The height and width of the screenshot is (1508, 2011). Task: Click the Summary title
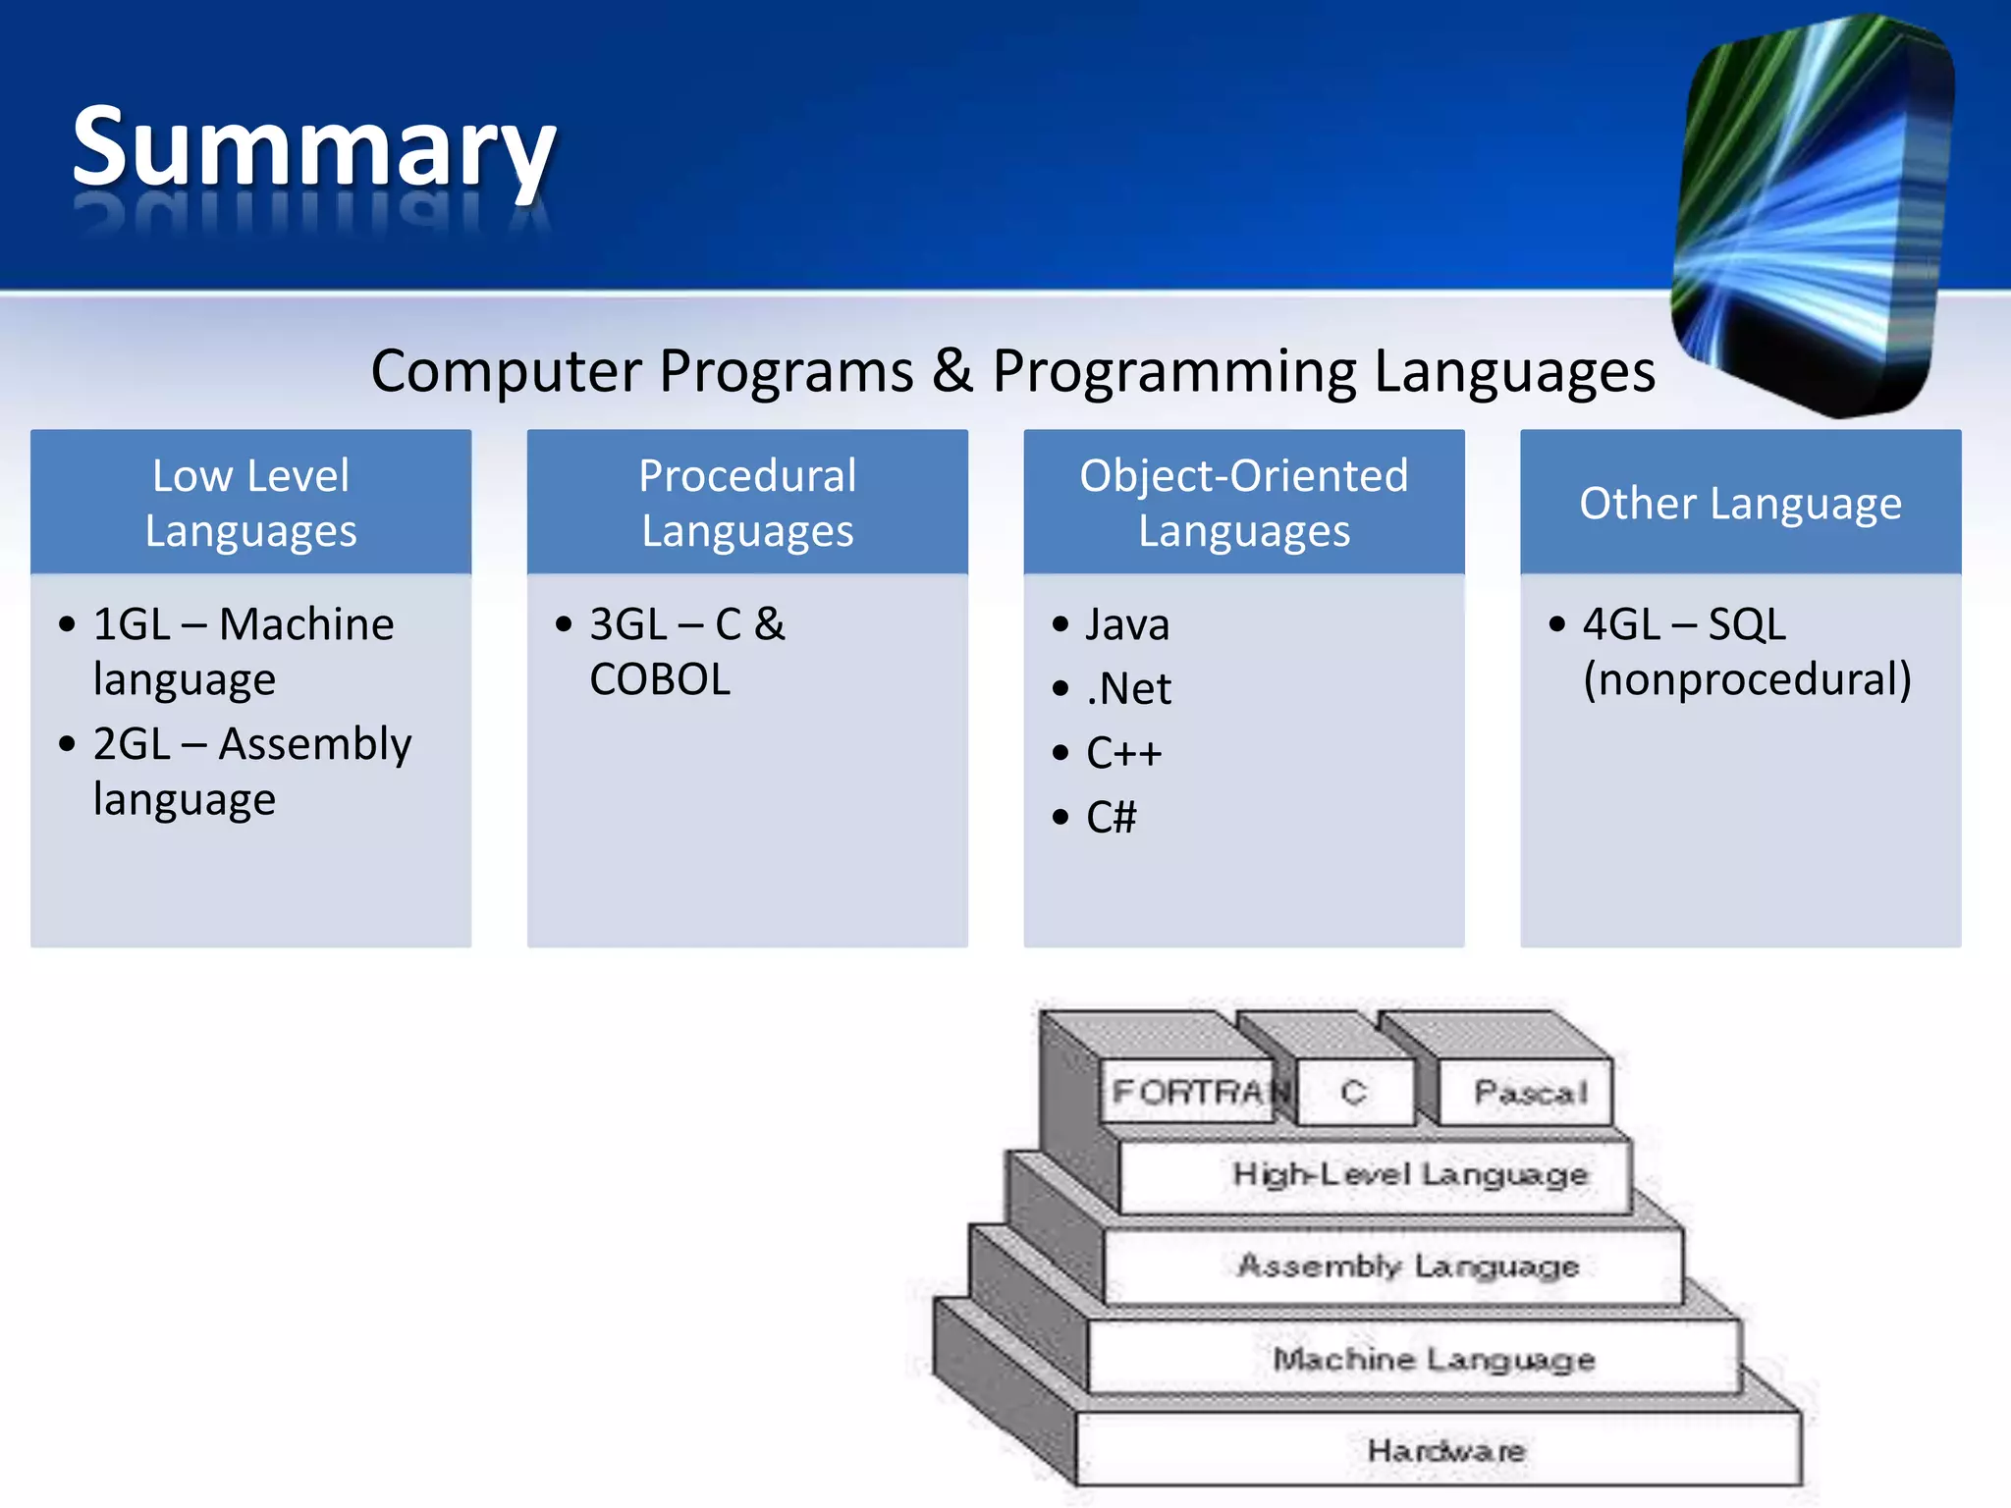click(x=314, y=147)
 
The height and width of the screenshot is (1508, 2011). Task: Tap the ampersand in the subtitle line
click(x=952, y=371)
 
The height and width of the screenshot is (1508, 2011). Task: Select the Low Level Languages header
click(x=250, y=502)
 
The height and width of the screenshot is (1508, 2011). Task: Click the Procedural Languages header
click(x=747, y=502)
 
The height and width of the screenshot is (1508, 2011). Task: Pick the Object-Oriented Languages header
click(x=1244, y=502)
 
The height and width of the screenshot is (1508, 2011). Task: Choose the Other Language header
click(x=1740, y=503)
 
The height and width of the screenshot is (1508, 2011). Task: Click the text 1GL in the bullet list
click(x=132, y=624)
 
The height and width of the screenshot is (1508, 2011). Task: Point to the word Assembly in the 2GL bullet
click(x=314, y=744)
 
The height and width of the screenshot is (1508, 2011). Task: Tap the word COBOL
click(x=660, y=679)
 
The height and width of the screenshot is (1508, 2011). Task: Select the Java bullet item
click(x=1127, y=624)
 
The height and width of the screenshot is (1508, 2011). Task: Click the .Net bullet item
click(x=1128, y=688)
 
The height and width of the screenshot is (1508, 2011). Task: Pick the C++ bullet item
click(x=1123, y=753)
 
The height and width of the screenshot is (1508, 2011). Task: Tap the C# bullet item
click(x=1111, y=817)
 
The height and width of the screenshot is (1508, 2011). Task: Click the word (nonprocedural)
click(x=1747, y=679)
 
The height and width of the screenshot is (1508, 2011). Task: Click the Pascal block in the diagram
click(x=1529, y=1092)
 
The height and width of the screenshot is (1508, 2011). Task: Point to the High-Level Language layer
click(x=1409, y=1173)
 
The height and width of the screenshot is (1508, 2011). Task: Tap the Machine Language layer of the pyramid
click(x=1434, y=1359)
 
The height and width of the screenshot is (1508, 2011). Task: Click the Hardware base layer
click(x=1445, y=1450)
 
